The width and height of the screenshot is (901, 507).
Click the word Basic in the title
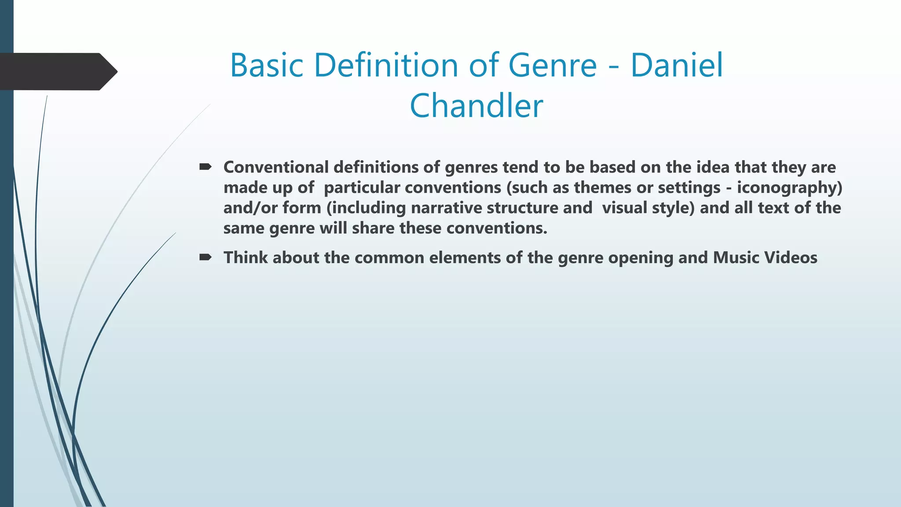pos(267,65)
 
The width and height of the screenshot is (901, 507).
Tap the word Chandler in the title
pos(476,106)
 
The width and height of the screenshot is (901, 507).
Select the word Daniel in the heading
pos(677,65)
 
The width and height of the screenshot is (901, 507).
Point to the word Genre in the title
pos(552,65)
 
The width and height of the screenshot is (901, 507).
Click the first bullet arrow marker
pos(205,167)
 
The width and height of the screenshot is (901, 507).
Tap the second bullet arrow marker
pos(205,257)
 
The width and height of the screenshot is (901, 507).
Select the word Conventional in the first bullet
pos(276,167)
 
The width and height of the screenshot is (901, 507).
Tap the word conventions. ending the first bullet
pos(497,228)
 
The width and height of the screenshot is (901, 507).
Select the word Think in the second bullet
pos(245,257)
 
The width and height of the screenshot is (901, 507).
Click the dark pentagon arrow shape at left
pos(57,71)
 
